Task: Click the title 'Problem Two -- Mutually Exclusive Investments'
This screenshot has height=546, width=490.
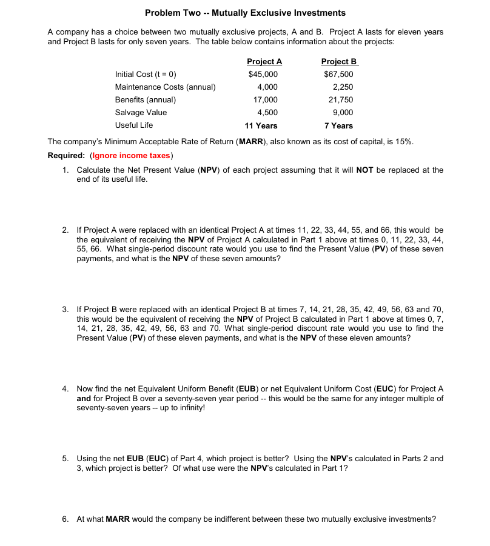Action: (245, 13)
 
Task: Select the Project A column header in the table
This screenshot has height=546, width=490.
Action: (264, 61)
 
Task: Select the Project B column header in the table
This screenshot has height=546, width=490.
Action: (339, 61)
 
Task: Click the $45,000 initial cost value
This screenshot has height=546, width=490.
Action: (264, 75)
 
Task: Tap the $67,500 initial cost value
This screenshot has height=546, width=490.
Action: (339, 75)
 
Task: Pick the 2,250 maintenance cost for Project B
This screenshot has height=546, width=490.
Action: (343, 87)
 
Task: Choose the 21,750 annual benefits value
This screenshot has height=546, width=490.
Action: (341, 100)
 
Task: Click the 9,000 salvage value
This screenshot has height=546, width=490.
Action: (343, 113)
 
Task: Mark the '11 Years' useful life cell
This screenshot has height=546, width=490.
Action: (261, 126)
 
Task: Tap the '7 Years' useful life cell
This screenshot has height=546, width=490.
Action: (338, 126)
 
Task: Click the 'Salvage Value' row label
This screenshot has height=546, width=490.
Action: (141, 113)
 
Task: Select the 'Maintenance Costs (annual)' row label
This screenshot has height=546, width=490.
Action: (165, 87)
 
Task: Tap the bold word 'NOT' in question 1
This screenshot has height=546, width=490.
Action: (364, 170)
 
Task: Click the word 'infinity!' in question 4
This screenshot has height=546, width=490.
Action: (190, 408)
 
